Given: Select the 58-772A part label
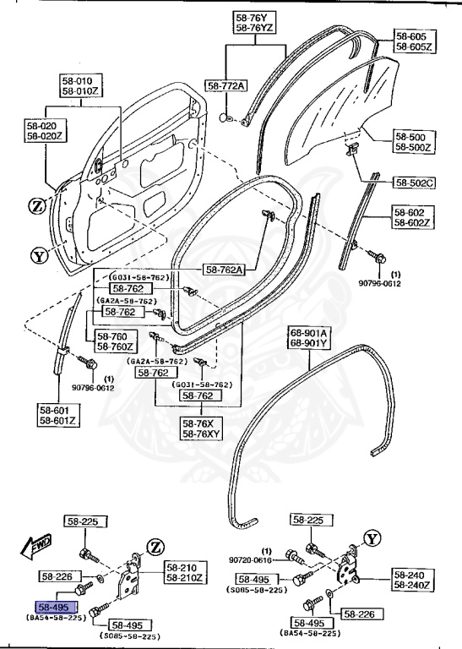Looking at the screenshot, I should click(x=226, y=86).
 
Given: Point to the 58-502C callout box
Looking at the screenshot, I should click(x=414, y=183).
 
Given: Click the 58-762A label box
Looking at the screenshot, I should click(x=223, y=270).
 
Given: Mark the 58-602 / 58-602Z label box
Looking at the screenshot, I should click(x=413, y=218).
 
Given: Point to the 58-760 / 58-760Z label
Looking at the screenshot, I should click(x=109, y=341).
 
